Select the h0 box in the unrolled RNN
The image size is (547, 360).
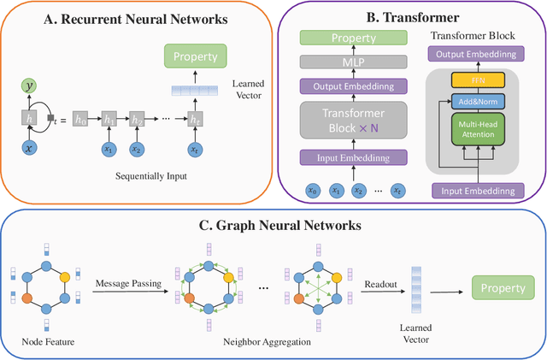coord(81,121)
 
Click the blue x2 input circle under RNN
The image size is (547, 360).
coord(135,150)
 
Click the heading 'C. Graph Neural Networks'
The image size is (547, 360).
coord(273,227)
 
